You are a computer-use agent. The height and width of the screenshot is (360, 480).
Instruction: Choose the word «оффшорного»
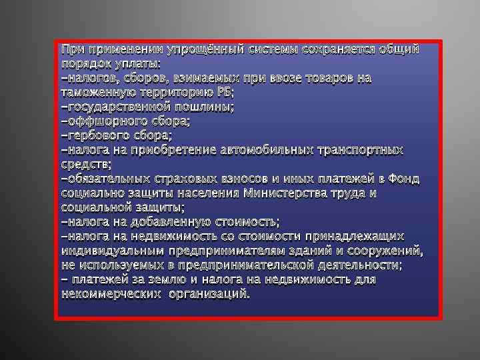97,121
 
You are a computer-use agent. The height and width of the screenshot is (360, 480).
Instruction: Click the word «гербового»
93,136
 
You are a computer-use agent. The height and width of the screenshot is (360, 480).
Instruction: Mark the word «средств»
85,165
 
